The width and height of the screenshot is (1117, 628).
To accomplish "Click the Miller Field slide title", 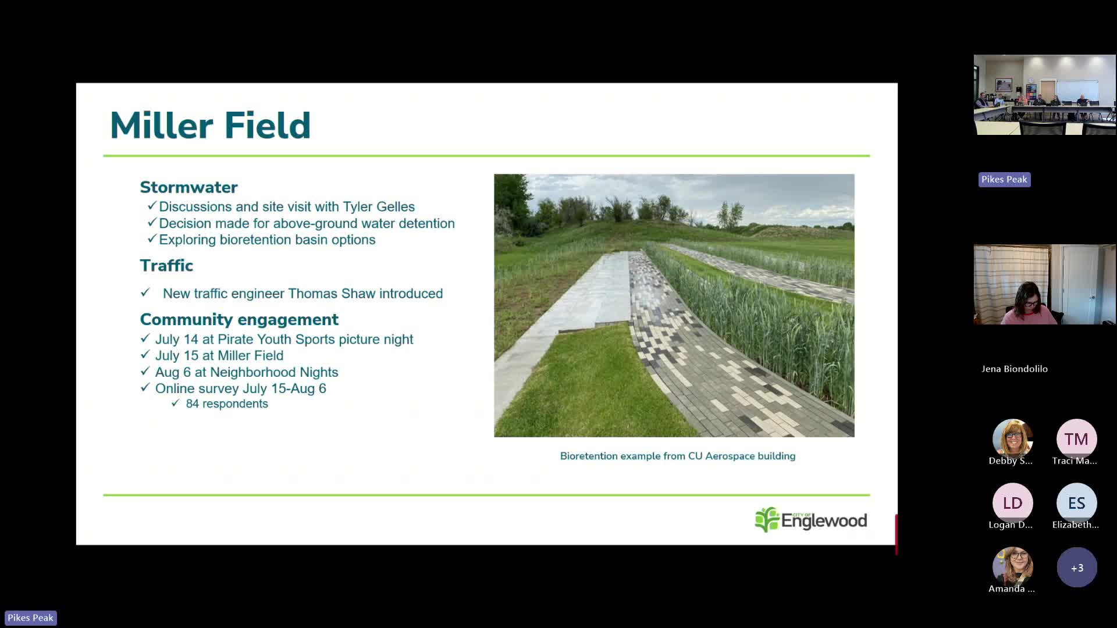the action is (210, 125).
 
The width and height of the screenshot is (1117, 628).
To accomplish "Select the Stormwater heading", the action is (188, 187).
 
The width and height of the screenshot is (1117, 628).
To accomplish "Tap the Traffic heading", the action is (166, 265).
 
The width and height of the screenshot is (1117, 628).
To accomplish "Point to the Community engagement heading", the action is (239, 319).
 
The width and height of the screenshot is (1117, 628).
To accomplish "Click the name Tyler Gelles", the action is (379, 206).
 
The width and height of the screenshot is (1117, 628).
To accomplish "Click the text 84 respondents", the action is (227, 404).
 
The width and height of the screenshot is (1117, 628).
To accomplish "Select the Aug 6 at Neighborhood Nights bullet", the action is (247, 372).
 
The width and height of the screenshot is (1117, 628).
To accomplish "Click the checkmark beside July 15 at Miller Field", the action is (145, 354).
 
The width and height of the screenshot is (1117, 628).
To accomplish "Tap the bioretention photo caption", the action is (678, 456).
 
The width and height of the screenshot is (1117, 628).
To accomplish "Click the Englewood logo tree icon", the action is (767, 520).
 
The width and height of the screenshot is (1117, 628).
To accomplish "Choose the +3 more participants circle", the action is (1077, 567).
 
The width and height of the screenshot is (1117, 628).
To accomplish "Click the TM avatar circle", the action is (1077, 439).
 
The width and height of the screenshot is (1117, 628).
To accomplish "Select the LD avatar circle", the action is (1013, 503).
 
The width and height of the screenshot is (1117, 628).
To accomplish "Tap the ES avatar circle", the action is (1077, 503).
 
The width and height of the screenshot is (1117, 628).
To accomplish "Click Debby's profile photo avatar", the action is (1013, 439).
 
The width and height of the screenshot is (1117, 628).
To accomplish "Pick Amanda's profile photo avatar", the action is (1013, 567).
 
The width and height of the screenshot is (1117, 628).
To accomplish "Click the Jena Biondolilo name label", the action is (1015, 369).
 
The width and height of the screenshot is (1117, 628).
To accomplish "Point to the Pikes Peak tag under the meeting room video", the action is (1005, 180).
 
